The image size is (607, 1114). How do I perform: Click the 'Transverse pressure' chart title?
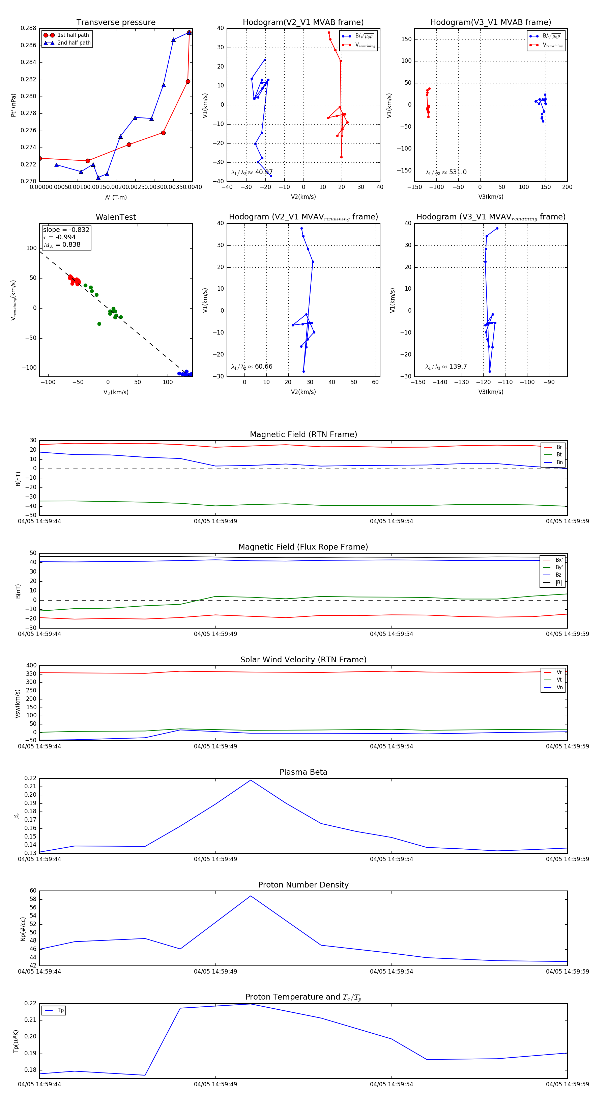pos(116,23)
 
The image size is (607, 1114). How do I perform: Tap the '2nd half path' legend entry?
pos(74,43)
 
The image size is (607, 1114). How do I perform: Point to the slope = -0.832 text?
pos(66,230)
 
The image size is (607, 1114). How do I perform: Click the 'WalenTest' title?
pos(116,217)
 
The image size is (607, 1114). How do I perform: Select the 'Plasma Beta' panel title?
pos(303,772)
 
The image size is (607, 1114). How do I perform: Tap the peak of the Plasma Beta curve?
pos(251,780)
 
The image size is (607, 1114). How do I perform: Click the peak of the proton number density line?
pos(251,896)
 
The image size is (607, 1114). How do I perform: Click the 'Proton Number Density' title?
pos(303,885)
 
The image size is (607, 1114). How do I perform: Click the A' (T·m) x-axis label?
pos(116,197)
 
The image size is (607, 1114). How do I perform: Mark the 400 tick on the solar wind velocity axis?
pos(31,666)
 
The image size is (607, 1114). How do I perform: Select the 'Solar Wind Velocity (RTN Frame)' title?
pos(303,660)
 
